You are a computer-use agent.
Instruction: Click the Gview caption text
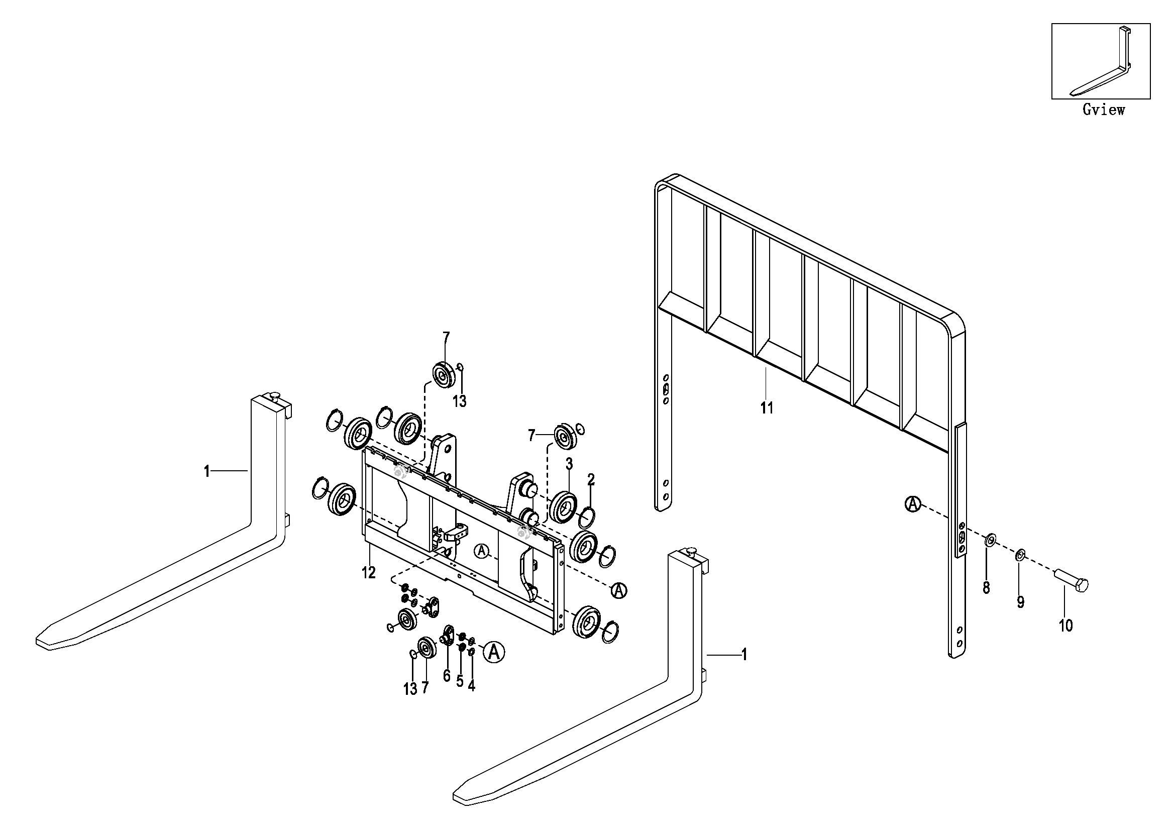tap(1103, 110)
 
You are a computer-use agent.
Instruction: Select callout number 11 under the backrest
tap(767, 408)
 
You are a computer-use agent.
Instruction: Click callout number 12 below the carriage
tap(368, 573)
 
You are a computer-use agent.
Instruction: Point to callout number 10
tap(1065, 626)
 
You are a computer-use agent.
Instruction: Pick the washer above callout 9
tap(1019, 554)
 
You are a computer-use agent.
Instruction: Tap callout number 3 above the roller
tap(569, 464)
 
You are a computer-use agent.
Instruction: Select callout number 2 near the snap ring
tap(591, 479)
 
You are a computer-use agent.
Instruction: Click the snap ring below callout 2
tap(587, 518)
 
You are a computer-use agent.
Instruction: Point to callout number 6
tap(446, 676)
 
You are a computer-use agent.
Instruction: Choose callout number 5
tap(460, 681)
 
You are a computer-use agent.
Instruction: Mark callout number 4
tap(471, 686)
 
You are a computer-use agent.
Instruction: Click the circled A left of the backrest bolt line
tap(912, 504)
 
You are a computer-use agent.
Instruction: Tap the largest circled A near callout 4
tap(494, 652)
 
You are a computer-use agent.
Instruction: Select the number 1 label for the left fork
tap(207, 471)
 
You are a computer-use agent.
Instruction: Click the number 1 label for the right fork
tap(744, 655)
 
